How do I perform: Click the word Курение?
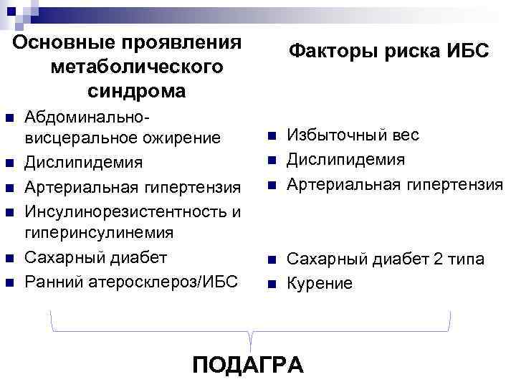pos(320,284)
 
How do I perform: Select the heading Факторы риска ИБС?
pos(388,52)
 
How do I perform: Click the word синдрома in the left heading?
pos(136,92)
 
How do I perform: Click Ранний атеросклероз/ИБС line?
pos(130,280)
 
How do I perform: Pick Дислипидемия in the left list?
pos(84,163)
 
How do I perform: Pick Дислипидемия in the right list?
pos(346,160)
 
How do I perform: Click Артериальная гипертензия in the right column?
pos(395,185)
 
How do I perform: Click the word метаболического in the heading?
pos(136,67)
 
